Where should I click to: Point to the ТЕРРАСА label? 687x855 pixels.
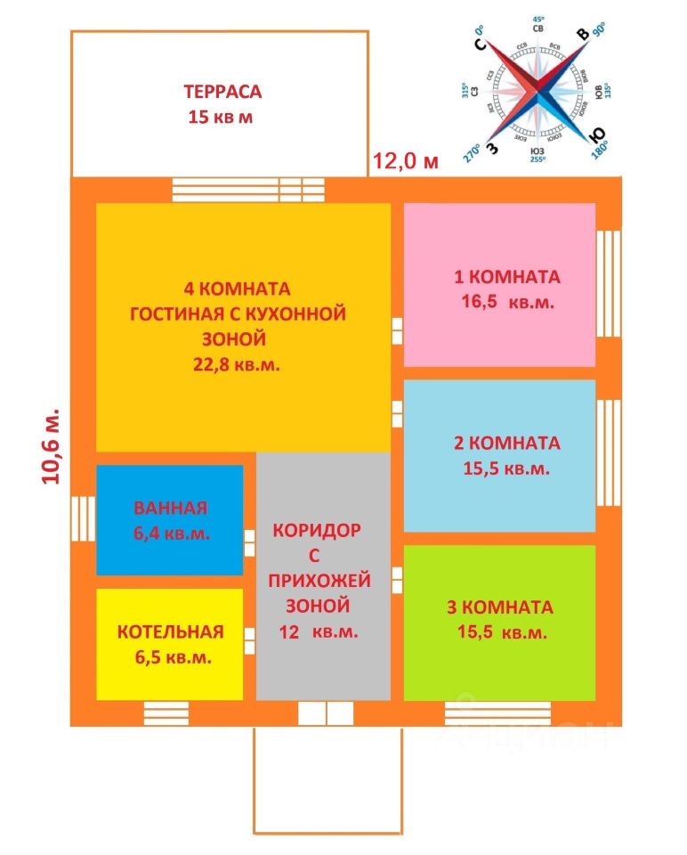pyautogui.click(x=222, y=92)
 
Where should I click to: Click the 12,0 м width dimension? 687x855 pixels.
pyautogui.click(x=405, y=161)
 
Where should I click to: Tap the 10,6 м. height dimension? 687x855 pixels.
pyautogui.click(x=52, y=445)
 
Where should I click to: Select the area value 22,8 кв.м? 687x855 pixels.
pyautogui.click(x=236, y=363)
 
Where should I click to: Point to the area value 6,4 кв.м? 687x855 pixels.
pyautogui.click(x=171, y=533)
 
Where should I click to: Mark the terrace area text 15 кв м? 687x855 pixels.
pyautogui.click(x=221, y=117)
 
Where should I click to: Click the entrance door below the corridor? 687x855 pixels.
pyautogui.click(x=326, y=713)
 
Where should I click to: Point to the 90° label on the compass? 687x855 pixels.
pyautogui.click(x=598, y=28)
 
